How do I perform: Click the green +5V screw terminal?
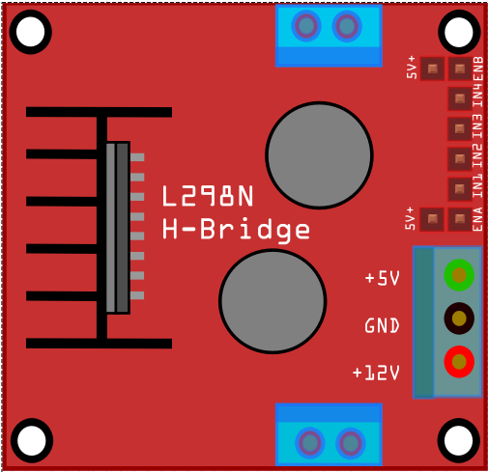click(459, 275)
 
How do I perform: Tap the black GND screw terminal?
click(459, 319)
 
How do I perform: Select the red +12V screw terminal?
click(459, 362)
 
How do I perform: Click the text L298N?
click(208, 196)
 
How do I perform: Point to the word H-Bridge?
click(236, 229)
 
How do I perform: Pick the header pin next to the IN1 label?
click(460, 189)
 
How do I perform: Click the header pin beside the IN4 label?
click(460, 98)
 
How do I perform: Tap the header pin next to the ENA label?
click(460, 219)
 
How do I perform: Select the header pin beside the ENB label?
click(460, 69)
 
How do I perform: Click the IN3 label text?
click(477, 126)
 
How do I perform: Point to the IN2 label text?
click(477, 156)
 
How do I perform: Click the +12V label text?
click(376, 373)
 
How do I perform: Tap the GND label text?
click(382, 325)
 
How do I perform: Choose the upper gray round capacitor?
click(319, 155)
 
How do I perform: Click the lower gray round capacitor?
click(273, 301)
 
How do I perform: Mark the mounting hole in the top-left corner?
click(31, 32)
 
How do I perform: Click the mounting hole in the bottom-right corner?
click(459, 440)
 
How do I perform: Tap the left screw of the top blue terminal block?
click(306, 26)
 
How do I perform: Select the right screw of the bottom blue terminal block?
click(351, 443)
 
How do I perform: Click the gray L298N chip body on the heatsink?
click(118, 228)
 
